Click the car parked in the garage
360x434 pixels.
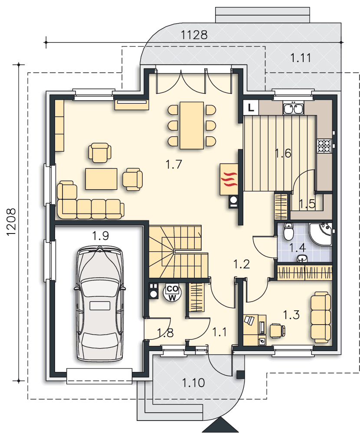tap(99, 304)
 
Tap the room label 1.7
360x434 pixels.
tap(174, 164)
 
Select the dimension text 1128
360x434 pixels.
tap(194, 35)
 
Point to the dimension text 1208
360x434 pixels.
tap(11, 222)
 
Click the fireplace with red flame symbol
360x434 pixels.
tap(229, 179)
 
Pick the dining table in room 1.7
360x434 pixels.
tap(192, 125)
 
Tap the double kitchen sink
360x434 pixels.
tap(293, 108)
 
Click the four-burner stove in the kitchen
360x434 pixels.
tap(324, 146)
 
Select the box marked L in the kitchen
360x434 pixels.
tap(251, 107)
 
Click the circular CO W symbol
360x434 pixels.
tap(173, 293)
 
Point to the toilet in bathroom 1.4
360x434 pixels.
tap(288, 232)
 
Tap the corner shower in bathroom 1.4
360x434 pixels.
tap(321, 234)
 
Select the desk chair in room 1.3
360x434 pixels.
tap(278, 330)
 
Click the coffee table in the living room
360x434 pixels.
tap(101, 179)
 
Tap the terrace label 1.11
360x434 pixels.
tap(301, 58)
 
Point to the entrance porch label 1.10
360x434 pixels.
tap(193, 383)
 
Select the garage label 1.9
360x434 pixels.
tap(100, 236)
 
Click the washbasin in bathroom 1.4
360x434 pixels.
tap(302, 258)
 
